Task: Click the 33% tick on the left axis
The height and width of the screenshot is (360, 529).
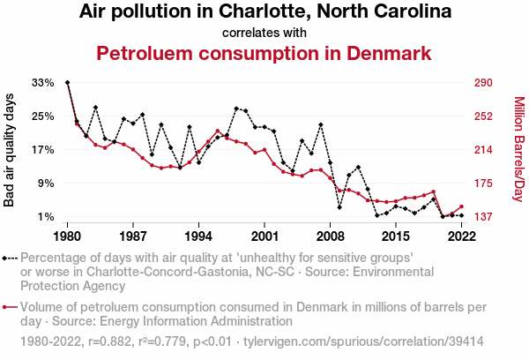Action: pos(43,83)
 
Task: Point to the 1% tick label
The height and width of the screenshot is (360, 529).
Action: pos(45,217)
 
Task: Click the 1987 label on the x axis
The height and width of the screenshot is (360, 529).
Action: pos(133,236)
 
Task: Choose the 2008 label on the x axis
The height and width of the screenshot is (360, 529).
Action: pos(331,236)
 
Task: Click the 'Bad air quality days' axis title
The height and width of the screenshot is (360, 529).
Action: pos(10,150)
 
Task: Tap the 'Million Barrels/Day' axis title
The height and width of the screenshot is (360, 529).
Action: pos(518,150)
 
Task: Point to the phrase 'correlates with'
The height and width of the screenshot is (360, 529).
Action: pos(264,33)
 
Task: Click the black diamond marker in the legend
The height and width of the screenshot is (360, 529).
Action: pos(7,259)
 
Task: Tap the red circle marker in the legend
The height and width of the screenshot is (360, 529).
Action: pos(7,308)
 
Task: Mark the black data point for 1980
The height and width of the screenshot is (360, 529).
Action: pos(68,83)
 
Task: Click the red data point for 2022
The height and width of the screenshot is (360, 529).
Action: pos(461,206)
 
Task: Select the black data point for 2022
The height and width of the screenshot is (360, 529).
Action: pos(461,215)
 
